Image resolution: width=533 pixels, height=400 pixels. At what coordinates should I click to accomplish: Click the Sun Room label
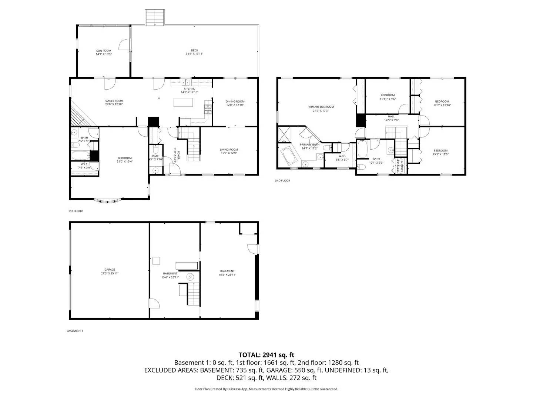coord(104,51)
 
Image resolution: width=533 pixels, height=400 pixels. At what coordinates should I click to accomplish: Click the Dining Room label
coord(235,101)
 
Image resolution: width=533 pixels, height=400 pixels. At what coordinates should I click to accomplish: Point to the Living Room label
coord(229,150)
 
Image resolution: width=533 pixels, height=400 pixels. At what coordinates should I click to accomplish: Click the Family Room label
coord(114,101)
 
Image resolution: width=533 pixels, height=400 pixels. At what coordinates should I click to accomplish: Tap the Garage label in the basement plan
coord(110,270)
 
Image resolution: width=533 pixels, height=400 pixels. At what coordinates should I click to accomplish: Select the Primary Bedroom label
coord(321,107)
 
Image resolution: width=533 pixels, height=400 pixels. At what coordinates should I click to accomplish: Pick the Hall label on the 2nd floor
coord(391,116)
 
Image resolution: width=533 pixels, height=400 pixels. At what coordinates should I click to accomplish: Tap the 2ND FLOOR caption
coord(282,181)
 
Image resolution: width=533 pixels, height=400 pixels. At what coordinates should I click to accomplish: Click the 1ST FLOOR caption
coord(76,211)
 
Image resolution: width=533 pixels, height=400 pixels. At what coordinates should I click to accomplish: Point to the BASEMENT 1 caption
coord(75,331)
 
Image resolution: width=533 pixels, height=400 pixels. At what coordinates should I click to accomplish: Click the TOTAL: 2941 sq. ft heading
coord(266,355)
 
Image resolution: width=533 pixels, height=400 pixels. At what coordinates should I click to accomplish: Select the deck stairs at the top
coord(155,18)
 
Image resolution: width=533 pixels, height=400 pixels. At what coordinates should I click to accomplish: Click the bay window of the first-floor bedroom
coord(108,201)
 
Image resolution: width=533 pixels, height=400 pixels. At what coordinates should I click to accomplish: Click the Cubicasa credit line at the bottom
coord(266,389)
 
